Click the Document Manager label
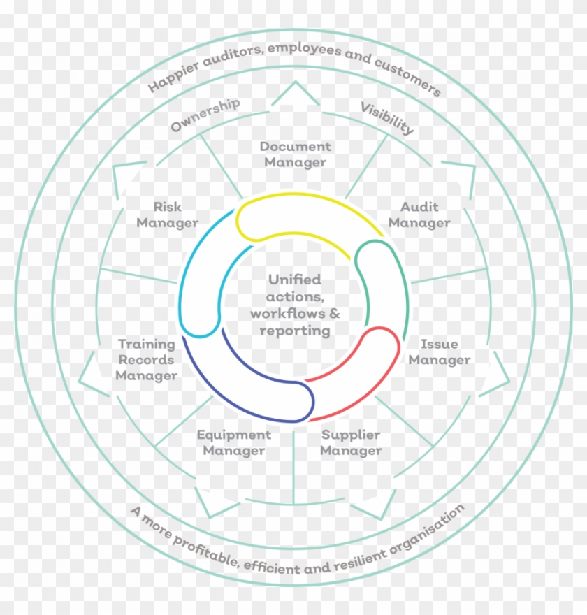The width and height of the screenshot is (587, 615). (x=295, y=154)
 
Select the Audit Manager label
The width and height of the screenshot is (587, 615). (x=419, y=215)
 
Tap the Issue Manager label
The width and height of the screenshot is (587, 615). (x=439, y=352)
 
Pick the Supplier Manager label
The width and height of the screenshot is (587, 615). (x=351, y=443)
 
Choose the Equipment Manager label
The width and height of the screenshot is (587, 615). (x=233, y=443)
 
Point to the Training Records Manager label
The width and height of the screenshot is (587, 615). (x=146, y=360)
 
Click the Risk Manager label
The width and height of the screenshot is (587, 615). (x=167, y=215)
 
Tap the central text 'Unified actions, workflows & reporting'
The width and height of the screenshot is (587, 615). (x=295, y=305)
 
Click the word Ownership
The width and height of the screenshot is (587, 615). (x=205, y=115)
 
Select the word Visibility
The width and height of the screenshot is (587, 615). (x=387, y=118)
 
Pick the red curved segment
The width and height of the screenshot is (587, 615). (x=363, y=377)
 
